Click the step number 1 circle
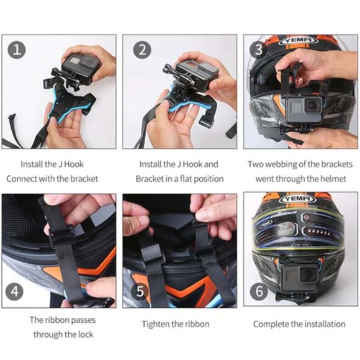17,50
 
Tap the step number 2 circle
142,50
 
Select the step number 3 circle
258,50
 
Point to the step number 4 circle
14,292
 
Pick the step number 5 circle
140,292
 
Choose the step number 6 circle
259,292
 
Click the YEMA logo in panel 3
299,40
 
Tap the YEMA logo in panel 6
298,199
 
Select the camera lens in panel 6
308,275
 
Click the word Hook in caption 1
74,164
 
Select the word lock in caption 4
86,335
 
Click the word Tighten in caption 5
155,325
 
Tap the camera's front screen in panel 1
74,61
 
